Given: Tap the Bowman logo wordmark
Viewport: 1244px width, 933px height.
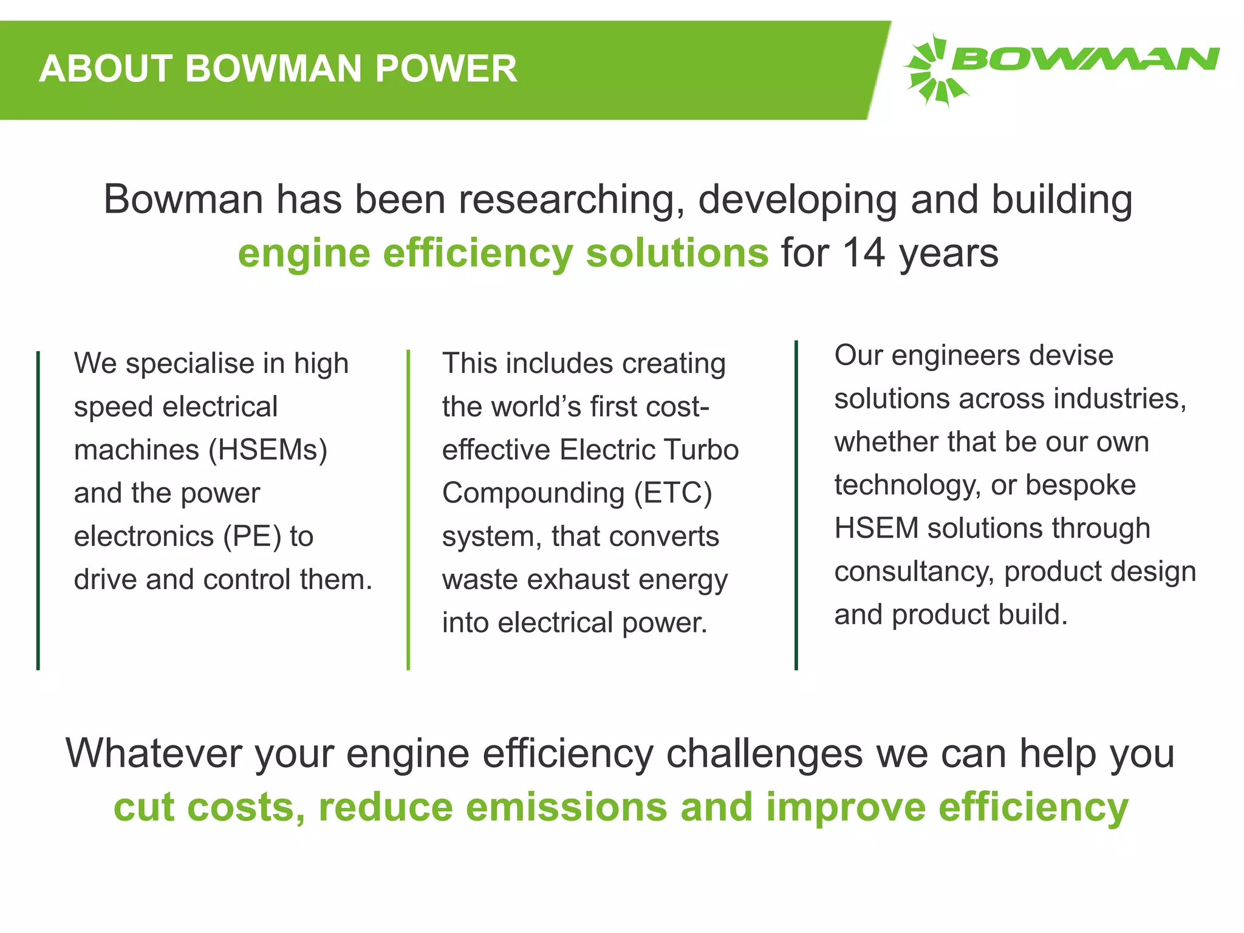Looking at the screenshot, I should point(1085,60).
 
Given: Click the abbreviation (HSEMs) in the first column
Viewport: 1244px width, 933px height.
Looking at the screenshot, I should point(268,450).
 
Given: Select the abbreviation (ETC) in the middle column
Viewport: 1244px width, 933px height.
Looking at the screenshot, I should point(672,493).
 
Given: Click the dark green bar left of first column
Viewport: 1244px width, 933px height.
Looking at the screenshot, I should point(38,510).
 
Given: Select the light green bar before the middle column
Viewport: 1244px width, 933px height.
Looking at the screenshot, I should point(408,510).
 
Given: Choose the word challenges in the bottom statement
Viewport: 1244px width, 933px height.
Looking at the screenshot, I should point(764,754).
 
